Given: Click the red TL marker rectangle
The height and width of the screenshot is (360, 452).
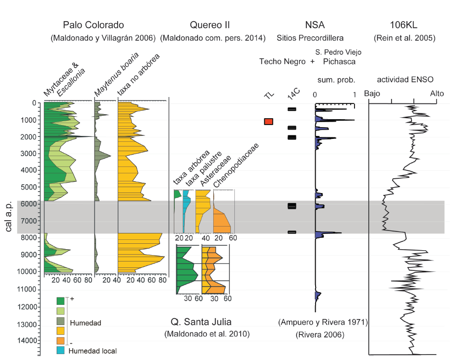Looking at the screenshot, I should coord(269,122).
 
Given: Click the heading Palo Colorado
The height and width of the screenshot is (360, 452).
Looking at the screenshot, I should coord(94,25).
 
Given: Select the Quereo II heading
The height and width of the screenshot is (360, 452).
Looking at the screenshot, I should coord(210,25).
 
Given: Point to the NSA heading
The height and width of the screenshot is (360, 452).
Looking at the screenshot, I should coord(315,25).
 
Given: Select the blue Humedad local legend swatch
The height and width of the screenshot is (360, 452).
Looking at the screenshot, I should coord(61,351).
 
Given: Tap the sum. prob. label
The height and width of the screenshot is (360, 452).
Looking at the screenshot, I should coord(334,79).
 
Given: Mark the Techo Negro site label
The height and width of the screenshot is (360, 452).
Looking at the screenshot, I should coord(282,62).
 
